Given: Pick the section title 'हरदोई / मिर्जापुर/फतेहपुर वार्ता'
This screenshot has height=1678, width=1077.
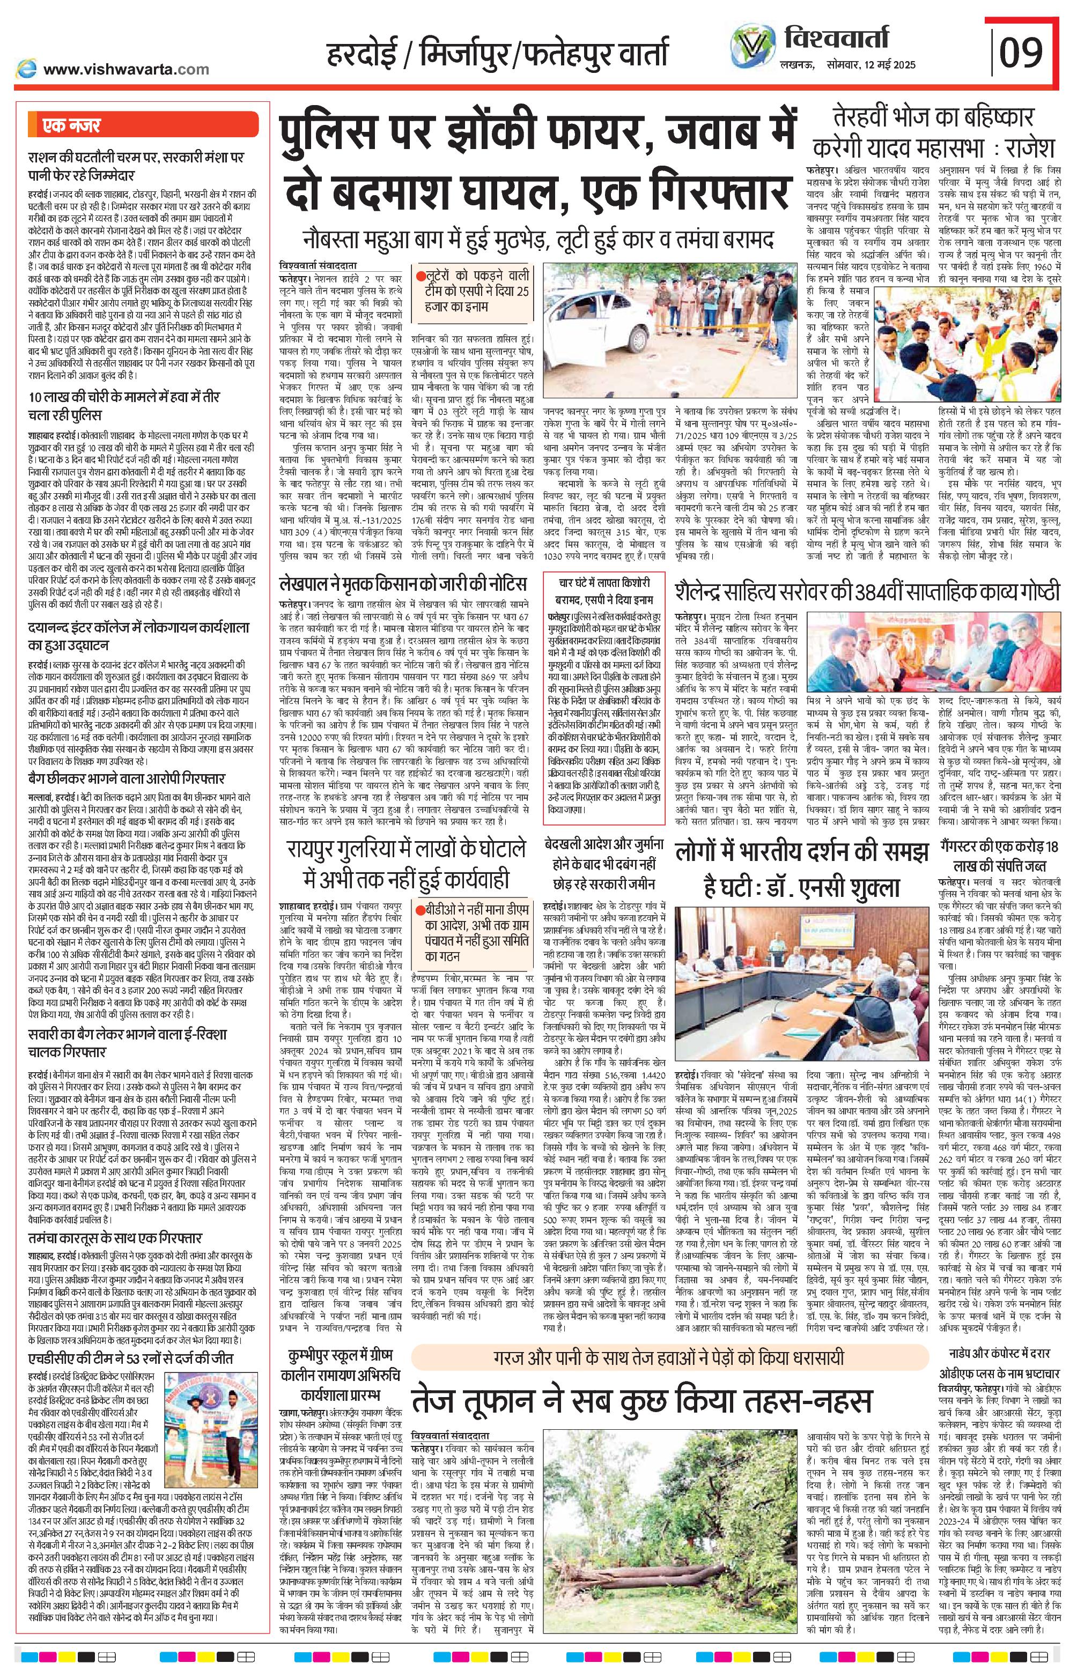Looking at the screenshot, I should point(497,55).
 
